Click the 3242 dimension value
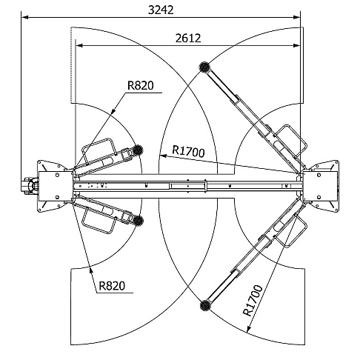pos(161,10)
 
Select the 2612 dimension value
pos(188,39)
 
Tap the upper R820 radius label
pos(141,85)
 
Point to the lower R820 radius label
pos(112,286)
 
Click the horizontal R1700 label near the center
pos(188,151)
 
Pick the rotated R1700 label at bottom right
pos(253,301)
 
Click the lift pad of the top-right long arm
pos(204,67)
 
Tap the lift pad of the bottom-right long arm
pos(205,305)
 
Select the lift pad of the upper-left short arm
pos(138,150)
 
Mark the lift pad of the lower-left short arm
pos(139,220)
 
